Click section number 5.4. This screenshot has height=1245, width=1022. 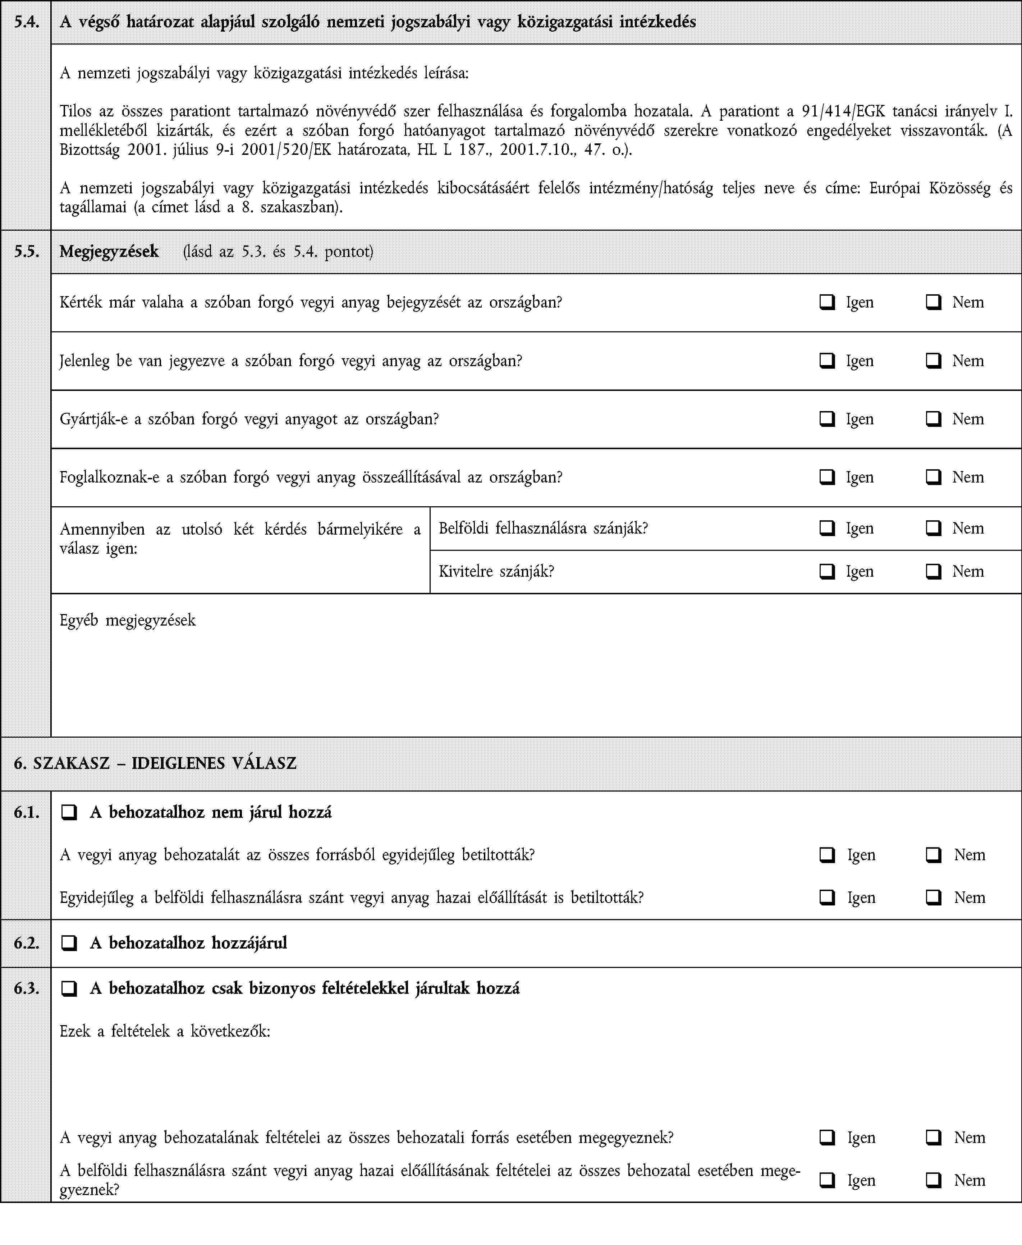[27, 22]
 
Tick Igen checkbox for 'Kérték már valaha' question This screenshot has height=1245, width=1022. [827, 303]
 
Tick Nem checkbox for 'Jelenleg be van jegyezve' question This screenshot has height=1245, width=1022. [933, 361]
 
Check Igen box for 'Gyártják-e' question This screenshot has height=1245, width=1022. [827, 419]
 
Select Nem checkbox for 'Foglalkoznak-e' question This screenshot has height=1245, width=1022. [933, 477]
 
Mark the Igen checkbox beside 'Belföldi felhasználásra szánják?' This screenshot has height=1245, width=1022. [827, 528]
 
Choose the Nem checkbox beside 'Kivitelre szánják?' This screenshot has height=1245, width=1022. [933, 571]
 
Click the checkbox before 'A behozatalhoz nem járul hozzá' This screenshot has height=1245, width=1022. [69, 812]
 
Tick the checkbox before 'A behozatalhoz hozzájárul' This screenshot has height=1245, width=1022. [69, 943]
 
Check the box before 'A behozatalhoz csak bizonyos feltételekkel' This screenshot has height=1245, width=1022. [69, 988]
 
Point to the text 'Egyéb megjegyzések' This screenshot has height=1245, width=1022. [128, 620]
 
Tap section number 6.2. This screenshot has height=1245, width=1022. [27, 943]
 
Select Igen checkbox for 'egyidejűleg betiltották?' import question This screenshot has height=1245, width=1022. [827, 855]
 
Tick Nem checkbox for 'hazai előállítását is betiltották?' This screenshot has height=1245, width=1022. [933, 898]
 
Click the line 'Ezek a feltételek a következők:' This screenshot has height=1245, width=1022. [165, 1032]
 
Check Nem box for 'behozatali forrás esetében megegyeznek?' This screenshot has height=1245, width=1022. [933, 1138]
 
